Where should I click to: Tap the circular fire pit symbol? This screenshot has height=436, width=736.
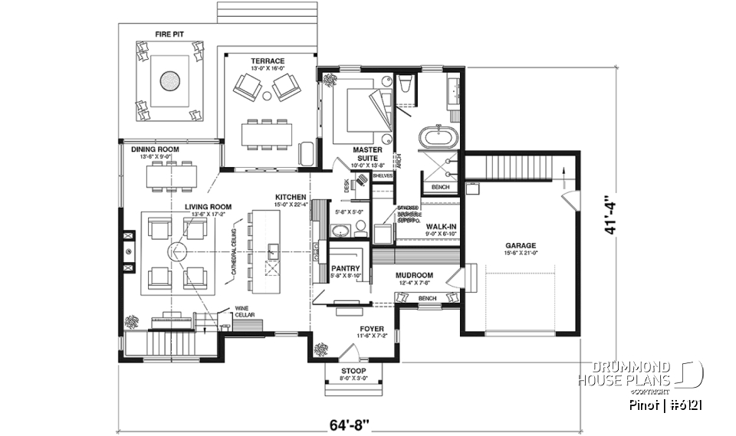(x=170, y=80)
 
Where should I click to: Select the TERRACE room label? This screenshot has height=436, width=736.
(x=268, y=61)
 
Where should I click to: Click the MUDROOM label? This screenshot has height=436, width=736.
(x=414, y=275)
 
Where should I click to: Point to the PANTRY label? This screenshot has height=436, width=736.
(x=346, y=268)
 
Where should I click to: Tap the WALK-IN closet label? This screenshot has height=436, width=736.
(x=442, y=227)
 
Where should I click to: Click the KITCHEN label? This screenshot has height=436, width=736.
(x=291, y=197)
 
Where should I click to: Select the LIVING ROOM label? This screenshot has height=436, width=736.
(x=207, y=206)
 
